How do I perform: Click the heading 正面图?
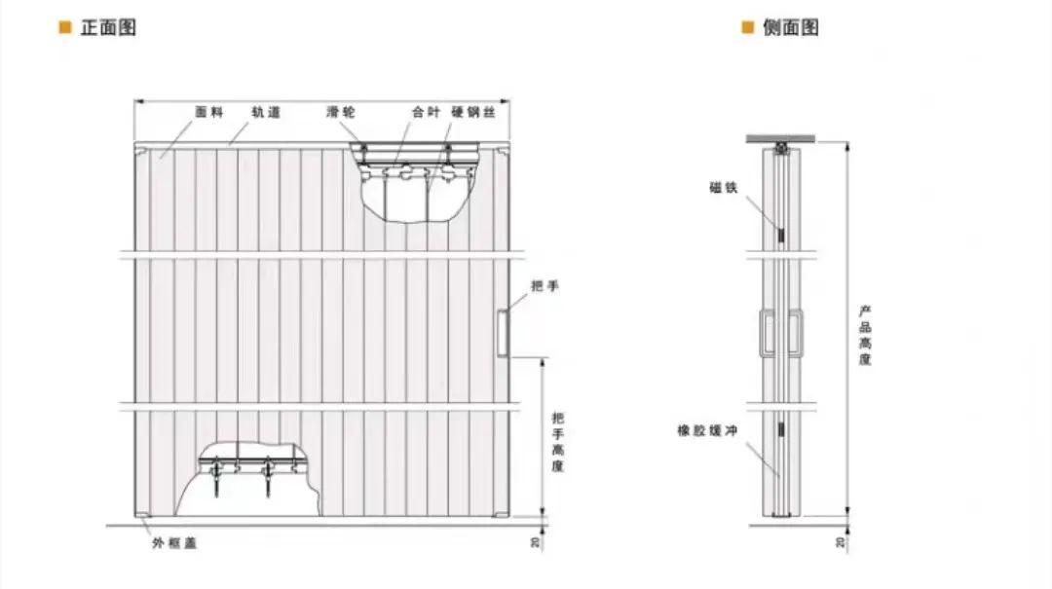[108, 27]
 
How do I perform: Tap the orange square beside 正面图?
[65, 27]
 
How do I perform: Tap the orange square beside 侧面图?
[748, 27]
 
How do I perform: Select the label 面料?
[209, 113]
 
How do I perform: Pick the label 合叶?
[426, 113]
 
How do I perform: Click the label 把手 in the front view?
[545, 287]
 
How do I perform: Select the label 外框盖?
[173, 543]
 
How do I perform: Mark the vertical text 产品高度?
[865, 336]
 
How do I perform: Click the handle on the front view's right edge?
[503, 331]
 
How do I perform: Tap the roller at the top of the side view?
[782, 149]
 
